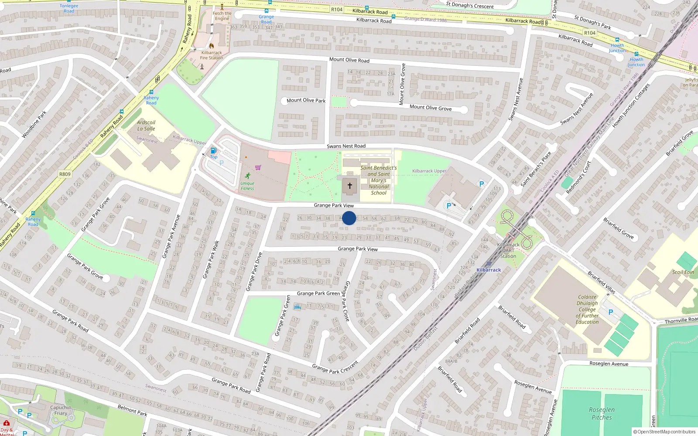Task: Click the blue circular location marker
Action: coord(349,218)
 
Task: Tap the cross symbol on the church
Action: coord(350,186)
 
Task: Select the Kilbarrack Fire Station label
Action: coord(212,55)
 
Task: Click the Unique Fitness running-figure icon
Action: coord(248,176)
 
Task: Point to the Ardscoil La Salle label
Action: coord(146,126)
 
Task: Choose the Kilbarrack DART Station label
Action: coord(508,250)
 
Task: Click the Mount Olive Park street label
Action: coord(306,100)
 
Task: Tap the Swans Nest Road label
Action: coord(346,146)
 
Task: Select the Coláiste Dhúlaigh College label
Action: coord(587,310)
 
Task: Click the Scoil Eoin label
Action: coord(683,272)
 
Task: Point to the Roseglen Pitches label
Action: coord(602,413)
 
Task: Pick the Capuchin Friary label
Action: coord(61,410)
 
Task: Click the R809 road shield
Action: coord(65,174)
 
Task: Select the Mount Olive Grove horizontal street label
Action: coord(430,107)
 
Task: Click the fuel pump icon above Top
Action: coord(213,150)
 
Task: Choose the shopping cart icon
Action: coord(258,167)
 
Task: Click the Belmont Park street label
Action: coord(132,410)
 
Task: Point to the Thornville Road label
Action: coord(681,320)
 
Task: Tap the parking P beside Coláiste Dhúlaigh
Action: coord(611,312)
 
